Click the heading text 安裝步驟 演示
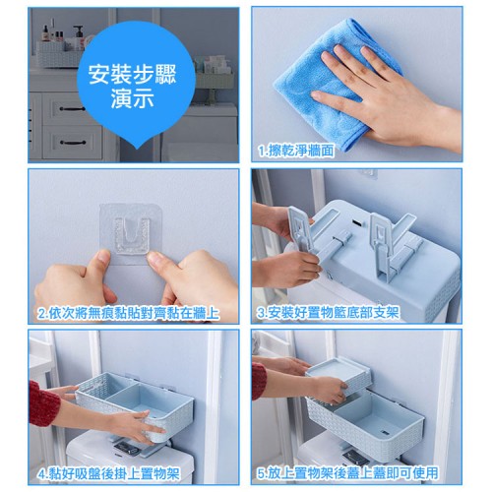[x=133, y=86]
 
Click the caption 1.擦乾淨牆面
[x=296, y=151]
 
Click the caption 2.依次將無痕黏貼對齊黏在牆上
[x=129, y=313]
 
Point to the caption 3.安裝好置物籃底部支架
[x=328, y=313]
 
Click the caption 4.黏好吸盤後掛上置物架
[x=108, y=474]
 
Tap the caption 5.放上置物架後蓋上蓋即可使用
[x=347, y=473]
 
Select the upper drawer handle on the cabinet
[x=72, y=108]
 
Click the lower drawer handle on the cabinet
[x=73, y=143]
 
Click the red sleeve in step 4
[x=43, y=403]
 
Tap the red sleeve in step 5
[x=259, y=381]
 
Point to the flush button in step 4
[x=126, y=448]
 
